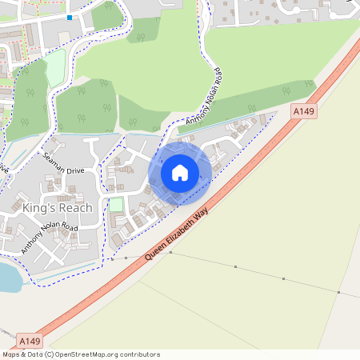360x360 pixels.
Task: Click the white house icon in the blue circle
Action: point(180,172)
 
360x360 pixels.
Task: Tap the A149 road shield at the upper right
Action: point(303,113)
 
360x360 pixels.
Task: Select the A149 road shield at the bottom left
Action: point(26,340)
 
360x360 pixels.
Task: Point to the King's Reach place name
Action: point(58,208)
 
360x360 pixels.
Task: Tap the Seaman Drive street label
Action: point(63,165)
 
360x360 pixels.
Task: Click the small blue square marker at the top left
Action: point(70,17)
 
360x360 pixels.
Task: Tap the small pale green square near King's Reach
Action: point(116,205)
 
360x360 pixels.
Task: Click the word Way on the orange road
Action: point(212,198)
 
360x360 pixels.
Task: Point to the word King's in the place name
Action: point(39,208)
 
